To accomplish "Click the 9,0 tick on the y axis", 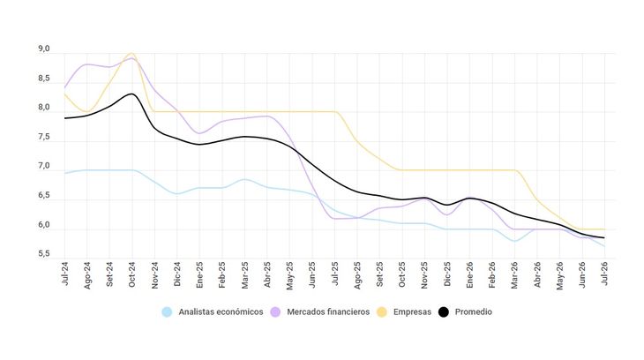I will point(44,49).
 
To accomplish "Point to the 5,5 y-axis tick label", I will point(44,255).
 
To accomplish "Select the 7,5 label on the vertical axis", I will point(44,138).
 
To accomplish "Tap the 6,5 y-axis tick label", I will point(44,197).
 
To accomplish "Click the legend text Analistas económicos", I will point(221,312).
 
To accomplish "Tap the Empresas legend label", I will point(413,312).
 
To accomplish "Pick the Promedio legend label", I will point(474,312).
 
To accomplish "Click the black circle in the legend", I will point(445,312).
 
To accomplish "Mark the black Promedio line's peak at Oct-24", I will point(131,94).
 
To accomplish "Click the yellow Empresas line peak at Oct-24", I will point(131,54).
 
